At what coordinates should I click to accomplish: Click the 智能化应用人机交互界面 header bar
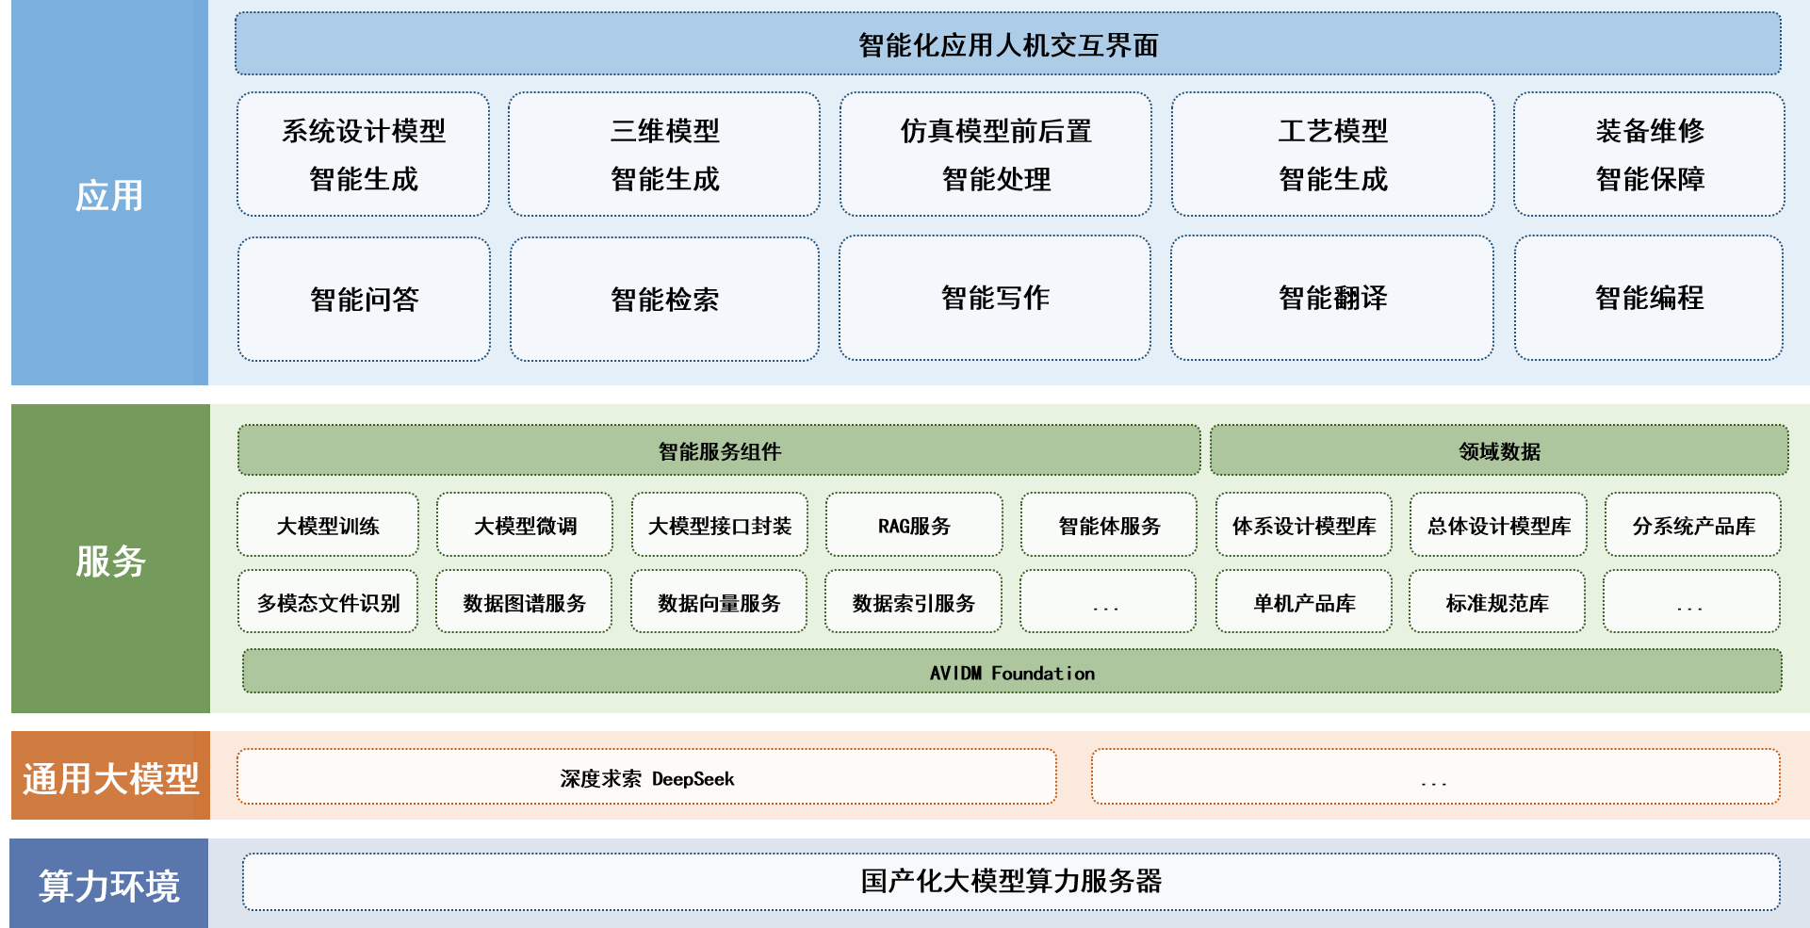1007,44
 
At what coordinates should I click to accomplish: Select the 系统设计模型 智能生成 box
364,155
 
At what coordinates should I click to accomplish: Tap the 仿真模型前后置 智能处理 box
996,155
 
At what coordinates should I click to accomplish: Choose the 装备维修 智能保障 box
1649,155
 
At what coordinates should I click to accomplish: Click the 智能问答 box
364,299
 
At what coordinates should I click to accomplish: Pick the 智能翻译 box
1332,298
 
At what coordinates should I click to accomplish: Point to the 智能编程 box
1649,298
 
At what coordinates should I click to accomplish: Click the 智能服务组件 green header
719,450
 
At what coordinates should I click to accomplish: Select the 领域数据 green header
1499,450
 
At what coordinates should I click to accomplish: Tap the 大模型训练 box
328,525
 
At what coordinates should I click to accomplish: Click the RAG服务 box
914,525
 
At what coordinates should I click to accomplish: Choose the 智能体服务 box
1109,525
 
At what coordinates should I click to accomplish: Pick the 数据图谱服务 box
524,602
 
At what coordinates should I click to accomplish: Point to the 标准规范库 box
1497,602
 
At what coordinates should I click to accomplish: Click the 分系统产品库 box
1693,525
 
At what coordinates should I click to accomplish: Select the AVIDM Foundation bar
1012,672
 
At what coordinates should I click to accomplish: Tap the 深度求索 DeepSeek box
646,777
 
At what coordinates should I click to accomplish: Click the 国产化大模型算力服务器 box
1011,882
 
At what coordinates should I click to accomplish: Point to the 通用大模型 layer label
110,778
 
